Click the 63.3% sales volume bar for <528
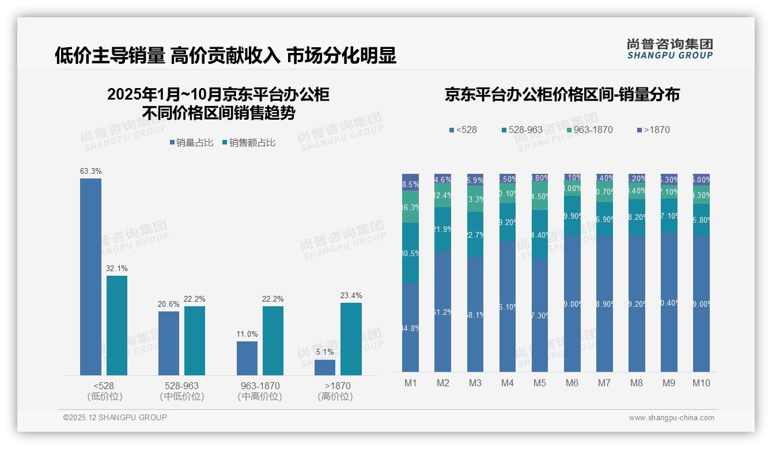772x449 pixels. (90, 277)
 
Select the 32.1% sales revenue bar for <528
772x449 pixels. (117, 325)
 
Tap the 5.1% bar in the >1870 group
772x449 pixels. (325, 367)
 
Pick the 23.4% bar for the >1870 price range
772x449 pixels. (351, 339)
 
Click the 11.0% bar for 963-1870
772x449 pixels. (247, 358)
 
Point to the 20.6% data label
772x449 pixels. (169, 304)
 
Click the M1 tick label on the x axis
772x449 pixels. (410, 383)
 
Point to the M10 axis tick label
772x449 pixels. (701, 383)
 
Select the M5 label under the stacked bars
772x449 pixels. (540, 383)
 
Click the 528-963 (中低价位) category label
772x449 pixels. (182, 391)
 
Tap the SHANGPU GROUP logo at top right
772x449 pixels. (669, 49)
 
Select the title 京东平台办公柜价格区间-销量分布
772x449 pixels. (562, 94)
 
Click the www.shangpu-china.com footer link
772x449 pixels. (671, 418)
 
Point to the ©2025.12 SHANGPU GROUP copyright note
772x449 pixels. (115, 417)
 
